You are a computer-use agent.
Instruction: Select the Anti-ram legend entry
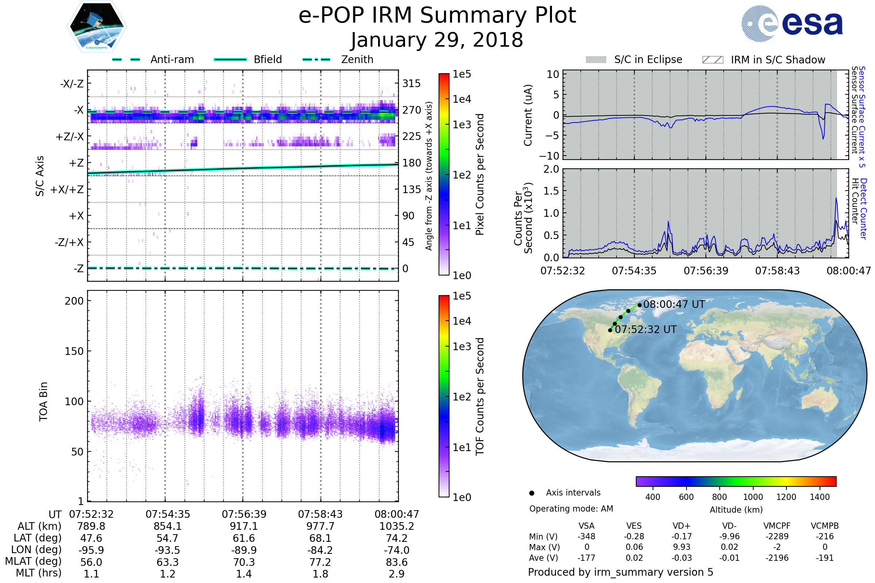point(172,59)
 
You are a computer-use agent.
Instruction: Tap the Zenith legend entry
point(357,59)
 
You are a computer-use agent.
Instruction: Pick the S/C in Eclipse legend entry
point(648,59)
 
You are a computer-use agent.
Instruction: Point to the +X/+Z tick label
point(67,189)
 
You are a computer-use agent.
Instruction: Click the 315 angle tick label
point(411,83)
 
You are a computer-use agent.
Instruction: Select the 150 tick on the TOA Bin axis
point(74,351)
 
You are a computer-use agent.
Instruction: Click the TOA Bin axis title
point(43,402)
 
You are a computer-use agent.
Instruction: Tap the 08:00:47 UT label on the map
point(674,305)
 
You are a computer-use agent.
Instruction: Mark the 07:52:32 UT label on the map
point(645,329)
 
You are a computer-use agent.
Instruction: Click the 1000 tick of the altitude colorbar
point(752,497)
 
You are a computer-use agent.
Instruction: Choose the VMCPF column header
point(777,526)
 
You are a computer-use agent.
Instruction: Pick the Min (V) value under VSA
point(586,536)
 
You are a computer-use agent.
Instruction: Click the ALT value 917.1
point(244,527)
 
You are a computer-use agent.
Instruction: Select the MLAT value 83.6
point(397,562)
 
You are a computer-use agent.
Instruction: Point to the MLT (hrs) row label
point(39,573)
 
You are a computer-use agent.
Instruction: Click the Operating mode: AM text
point(571,509)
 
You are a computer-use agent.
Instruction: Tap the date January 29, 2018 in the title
point(437,40)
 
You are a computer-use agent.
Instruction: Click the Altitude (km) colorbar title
point(736,510)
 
